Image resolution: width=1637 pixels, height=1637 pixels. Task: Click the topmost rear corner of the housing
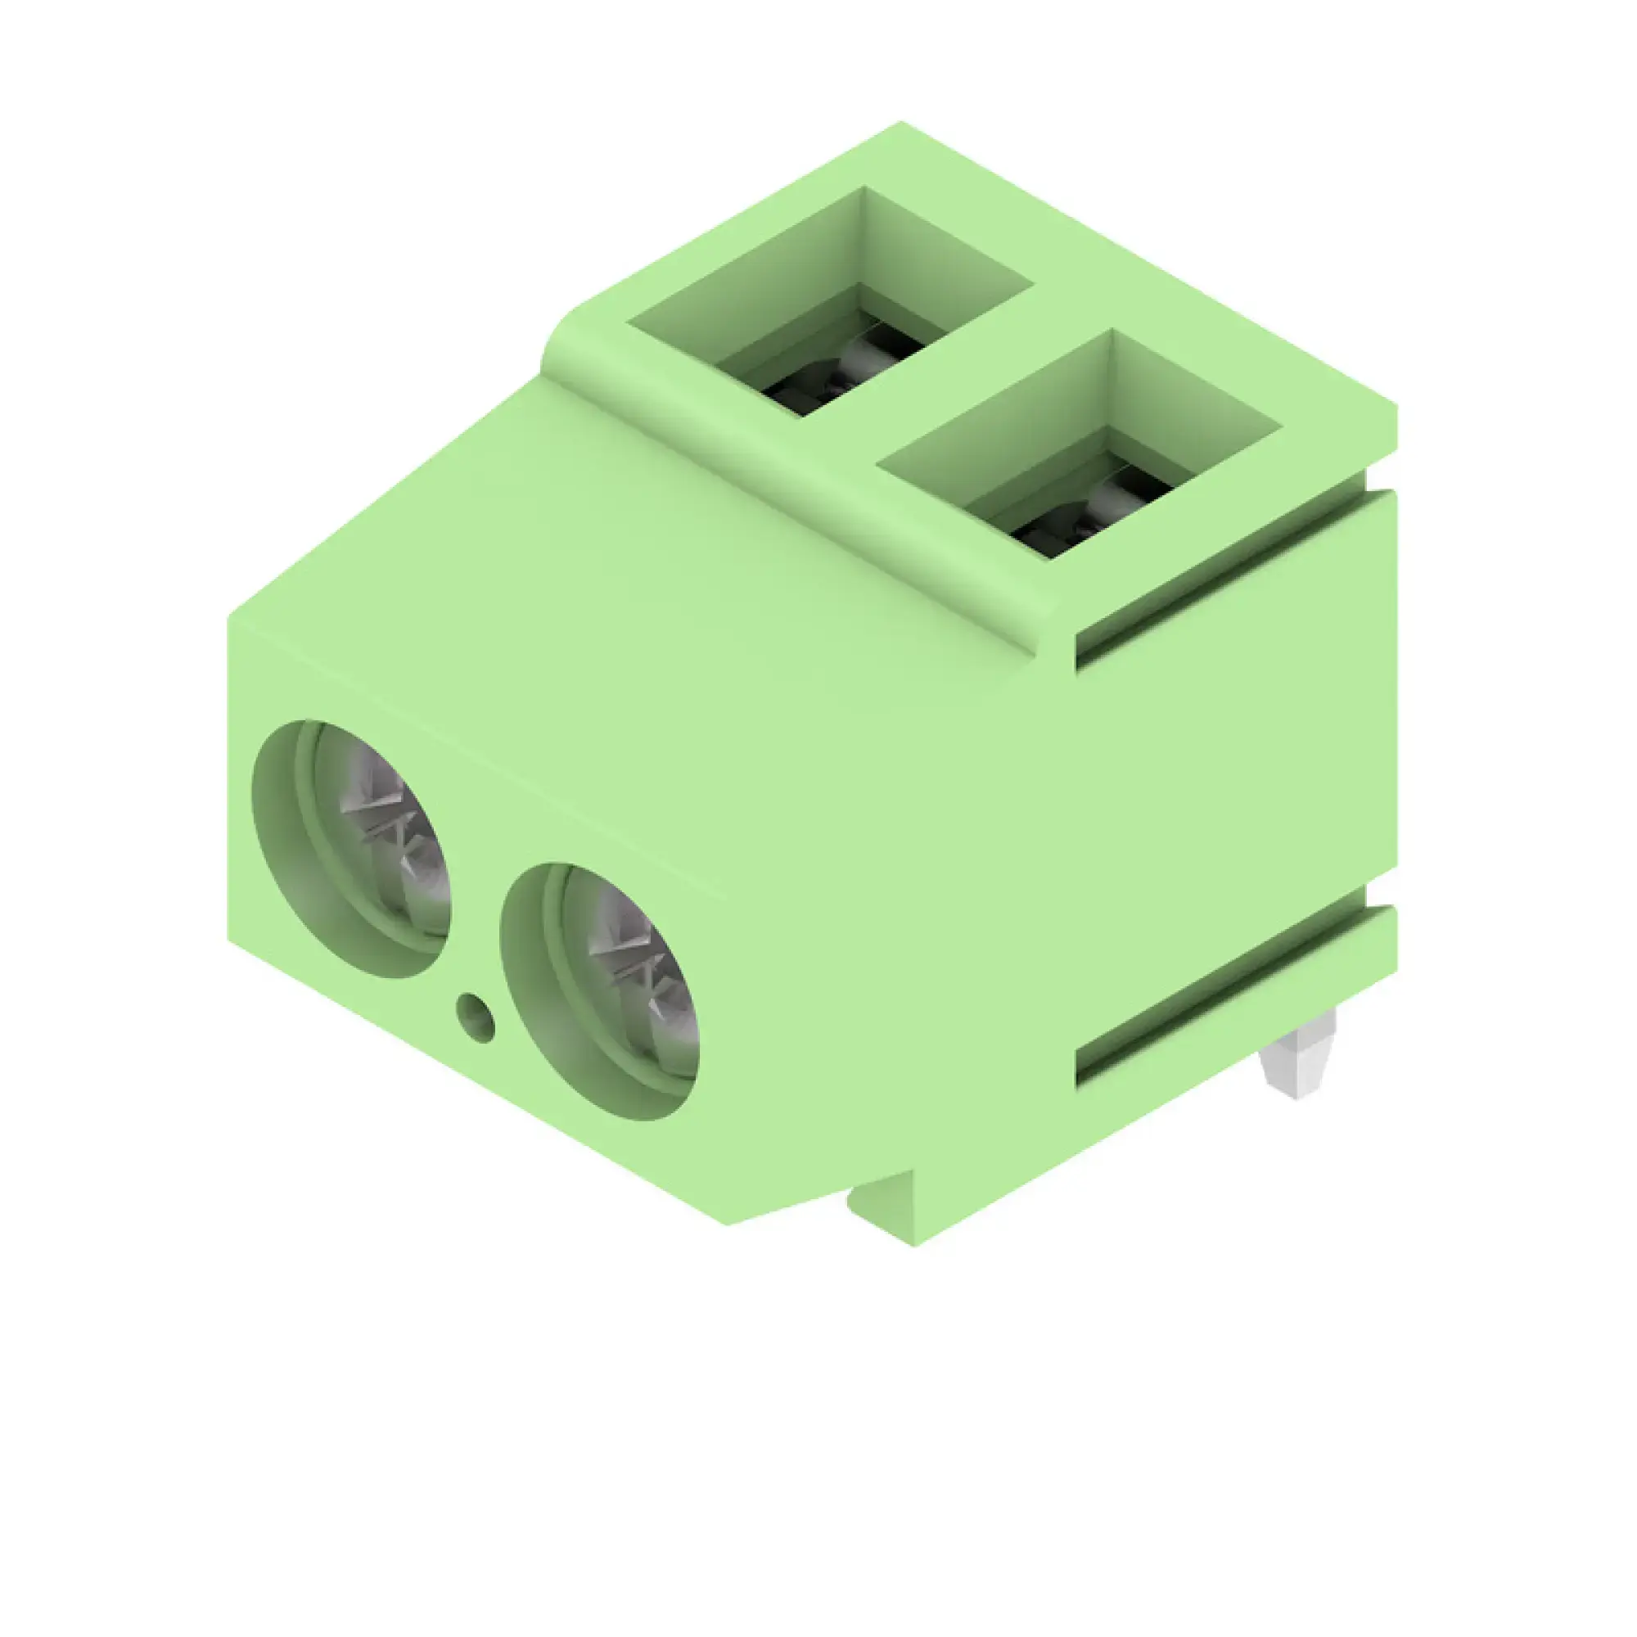900,124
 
